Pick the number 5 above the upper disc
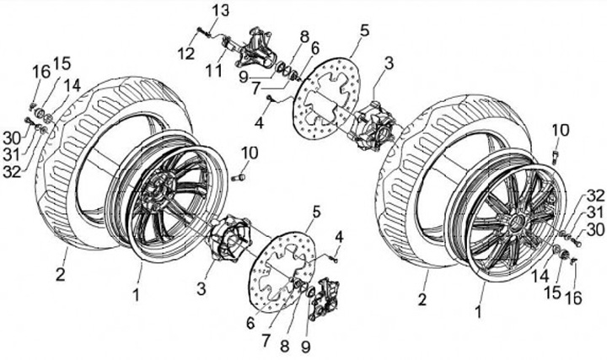point(364,30)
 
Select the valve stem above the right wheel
point(556,155)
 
